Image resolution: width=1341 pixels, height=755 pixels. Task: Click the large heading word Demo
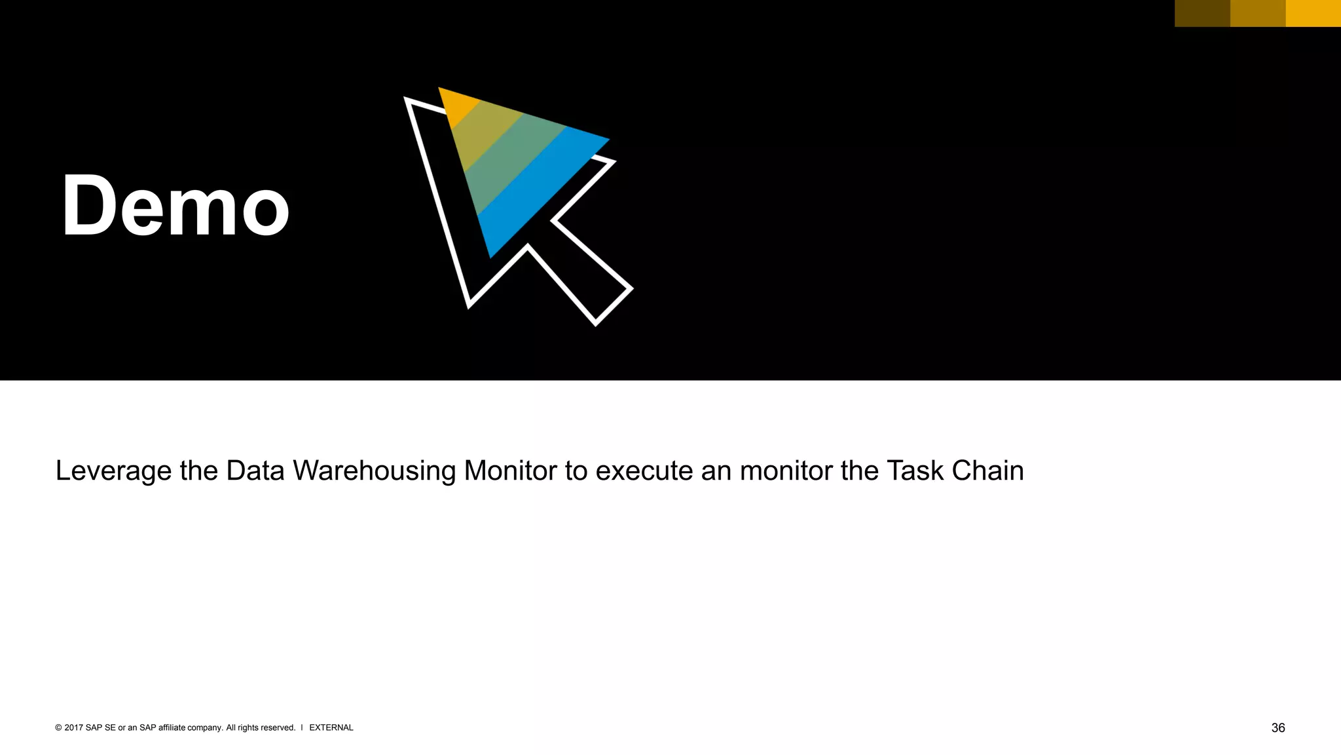[175, 206]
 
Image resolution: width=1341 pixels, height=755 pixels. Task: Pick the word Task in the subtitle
[915, 471]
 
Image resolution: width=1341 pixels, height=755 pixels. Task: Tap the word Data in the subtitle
[255, 471]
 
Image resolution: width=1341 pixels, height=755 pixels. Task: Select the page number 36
[1277, 728]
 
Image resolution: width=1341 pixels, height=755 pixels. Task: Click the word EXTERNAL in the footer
[331, 727]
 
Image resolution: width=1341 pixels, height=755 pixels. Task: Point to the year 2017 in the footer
[73, 727]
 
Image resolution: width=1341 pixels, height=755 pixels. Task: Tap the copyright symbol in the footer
[58, 727]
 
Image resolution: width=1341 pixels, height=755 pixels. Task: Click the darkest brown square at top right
[1202, 13]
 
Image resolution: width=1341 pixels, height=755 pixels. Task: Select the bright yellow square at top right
[1313, 13]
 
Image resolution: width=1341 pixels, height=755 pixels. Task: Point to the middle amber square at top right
[1258, 13]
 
